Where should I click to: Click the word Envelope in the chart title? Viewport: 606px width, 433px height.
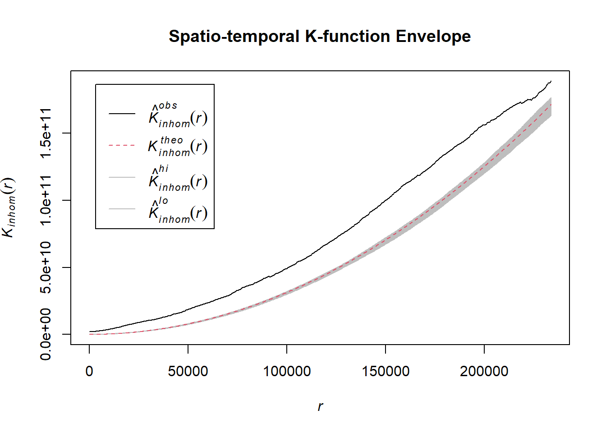pos(433,37)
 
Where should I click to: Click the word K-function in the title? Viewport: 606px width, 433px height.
pos(347,37)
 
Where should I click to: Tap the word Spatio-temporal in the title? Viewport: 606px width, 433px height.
pos(234,37)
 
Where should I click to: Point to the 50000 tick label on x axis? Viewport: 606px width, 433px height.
pos(188,371)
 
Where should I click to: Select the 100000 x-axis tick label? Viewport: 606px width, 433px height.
pos(287,371)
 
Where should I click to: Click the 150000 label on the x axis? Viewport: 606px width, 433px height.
pos(386,371)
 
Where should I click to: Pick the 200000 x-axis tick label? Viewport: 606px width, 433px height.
pos(484,371)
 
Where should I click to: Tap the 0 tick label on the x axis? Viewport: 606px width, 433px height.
pos(89,371)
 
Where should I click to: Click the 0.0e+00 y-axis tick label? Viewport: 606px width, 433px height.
pos(46,334)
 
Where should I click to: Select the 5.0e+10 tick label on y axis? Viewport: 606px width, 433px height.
pos(46,267)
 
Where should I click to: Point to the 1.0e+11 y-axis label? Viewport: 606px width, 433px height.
pos(46,200)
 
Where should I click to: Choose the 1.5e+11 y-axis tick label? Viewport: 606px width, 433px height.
pos(46,134)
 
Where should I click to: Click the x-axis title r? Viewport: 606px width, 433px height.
pos(320,406)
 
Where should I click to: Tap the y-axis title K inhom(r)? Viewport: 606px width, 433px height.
pos(9,207)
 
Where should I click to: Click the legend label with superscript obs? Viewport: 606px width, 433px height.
pos(178,115)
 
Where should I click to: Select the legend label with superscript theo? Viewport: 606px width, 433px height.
pos(178,146)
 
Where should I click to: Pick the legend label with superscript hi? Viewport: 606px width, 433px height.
pos(178,179)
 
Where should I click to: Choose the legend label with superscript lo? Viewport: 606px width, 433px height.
pos(178,211)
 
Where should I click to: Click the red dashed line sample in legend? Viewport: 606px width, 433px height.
pos(122,145)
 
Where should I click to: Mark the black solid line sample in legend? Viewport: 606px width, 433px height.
pos(122,114)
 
